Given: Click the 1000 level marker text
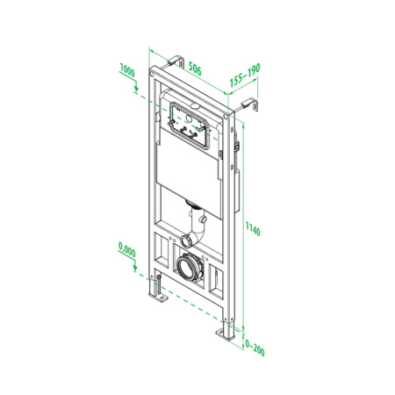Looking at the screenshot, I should point(127,68).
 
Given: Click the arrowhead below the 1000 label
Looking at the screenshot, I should point(135,88).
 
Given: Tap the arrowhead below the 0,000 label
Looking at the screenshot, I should point(135,270).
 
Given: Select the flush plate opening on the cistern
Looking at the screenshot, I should point(191,123).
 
